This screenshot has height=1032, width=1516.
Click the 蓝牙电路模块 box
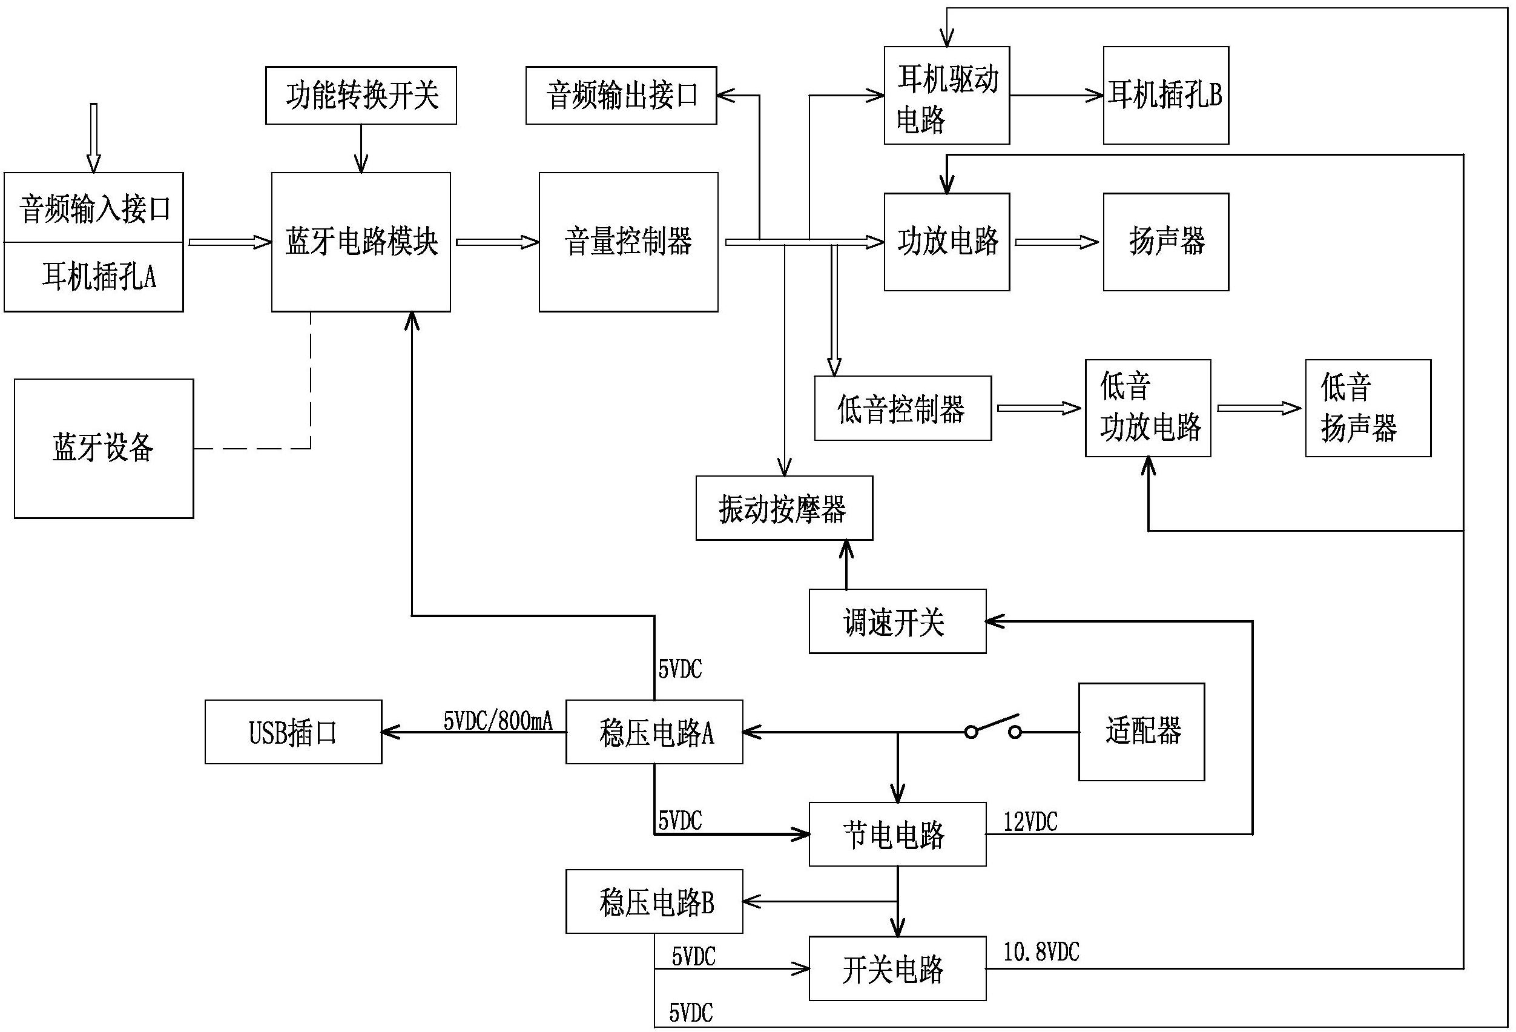(x=361, y=242)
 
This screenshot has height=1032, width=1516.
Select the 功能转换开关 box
(x=361, y=95)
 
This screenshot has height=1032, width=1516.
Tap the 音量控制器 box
(x=628, y=242)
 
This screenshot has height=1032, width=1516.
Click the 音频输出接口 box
(x=621, y=95)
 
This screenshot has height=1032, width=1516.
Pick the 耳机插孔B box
(x=1165, y=95)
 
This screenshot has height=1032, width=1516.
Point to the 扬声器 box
(x=1165, y=242)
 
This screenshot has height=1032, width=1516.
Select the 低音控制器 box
(x=903, y=408)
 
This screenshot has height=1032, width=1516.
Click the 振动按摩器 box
(x=784, y=508)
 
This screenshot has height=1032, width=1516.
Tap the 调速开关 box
(x=897, y=621)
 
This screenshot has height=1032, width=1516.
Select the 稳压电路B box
(x=654, y=902)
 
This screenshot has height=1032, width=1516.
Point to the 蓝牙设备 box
(x=104, y=449)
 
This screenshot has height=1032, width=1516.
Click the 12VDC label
(x=1030, y=822)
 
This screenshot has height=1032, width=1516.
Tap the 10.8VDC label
(x=1041, y=953)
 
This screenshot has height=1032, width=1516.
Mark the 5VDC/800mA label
(x=498, y=721)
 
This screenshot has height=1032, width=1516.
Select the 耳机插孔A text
(x=99, y=277)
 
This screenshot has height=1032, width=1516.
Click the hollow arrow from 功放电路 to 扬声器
(x=1056, y=242)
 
